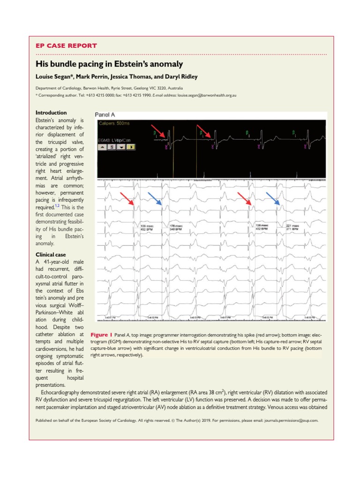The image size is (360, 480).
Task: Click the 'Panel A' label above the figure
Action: point(105,114)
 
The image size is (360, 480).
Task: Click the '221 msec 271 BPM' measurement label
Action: point(292,228)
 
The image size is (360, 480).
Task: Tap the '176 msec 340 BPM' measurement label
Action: point(175,228)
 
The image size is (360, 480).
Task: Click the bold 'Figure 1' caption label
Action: point(98,336)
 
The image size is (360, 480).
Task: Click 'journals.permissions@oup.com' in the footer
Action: point(291,420)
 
